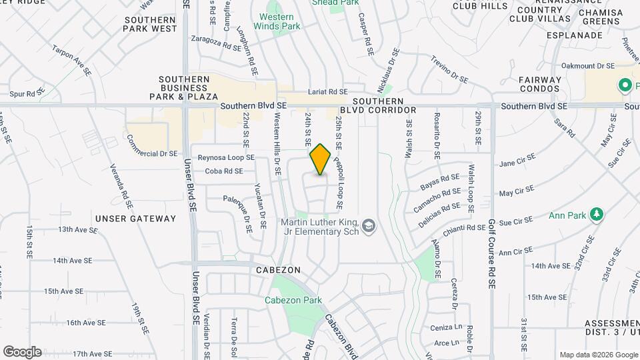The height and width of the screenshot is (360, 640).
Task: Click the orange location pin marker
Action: point(321,159)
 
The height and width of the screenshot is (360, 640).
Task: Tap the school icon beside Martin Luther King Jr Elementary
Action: point(369,228)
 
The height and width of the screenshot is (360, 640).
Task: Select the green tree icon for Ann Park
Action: point(598,215)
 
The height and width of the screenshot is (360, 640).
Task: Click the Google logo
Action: point(22,352)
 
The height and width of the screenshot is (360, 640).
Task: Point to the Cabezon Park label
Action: point(295,300)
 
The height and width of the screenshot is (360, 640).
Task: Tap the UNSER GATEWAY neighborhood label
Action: point(135,218)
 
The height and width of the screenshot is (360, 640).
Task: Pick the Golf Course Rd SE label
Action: point(492,253)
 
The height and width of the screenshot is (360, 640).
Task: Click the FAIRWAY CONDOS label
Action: point(541,85)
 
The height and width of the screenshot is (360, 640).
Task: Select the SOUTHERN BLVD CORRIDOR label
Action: point(378,105)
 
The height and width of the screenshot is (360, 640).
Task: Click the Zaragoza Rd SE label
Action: point(216,47)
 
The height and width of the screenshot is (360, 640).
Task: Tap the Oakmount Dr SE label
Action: point(587,66)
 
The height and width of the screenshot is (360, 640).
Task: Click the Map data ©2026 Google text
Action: point(598,355)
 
